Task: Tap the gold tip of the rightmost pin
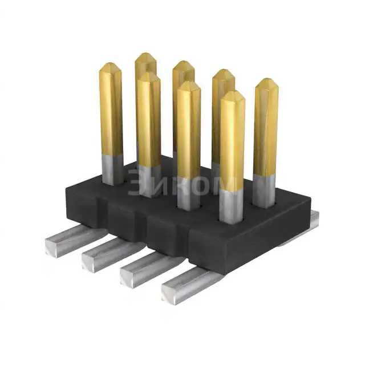click(266, 86)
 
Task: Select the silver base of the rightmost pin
click(263, 190)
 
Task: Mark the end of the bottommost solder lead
click(171, 293)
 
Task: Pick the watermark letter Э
click(137, 182)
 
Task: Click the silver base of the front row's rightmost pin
click(231, 206)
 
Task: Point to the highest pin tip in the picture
click(146, 58)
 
